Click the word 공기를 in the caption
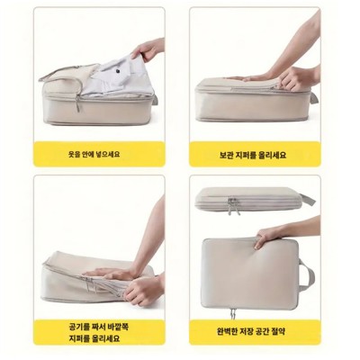click(74, 324)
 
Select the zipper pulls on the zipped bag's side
click(233, 206)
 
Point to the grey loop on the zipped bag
click(309, 200)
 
